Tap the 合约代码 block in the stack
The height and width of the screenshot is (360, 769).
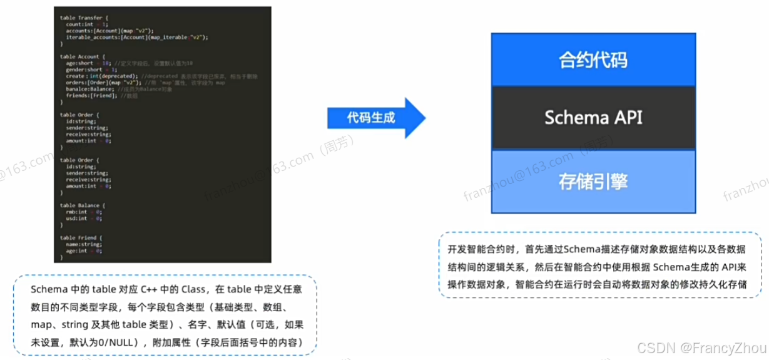(593, 60)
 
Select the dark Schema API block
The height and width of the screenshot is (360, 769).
(593, 117)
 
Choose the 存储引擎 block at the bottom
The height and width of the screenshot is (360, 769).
(593, 181)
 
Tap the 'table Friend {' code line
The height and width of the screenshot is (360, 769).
(81, 237)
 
